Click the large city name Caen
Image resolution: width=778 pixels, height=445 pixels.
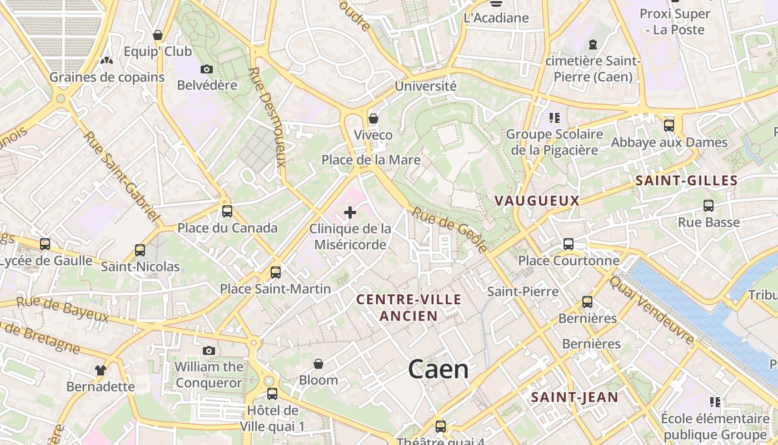(438, 369)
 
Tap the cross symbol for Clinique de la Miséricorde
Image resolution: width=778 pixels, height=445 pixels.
(350, 212)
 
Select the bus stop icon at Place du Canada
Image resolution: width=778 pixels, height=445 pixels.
(227, 211)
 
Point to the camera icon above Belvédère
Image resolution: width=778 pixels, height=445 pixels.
(207, 69)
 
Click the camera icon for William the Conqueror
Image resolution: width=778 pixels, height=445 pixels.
(209, 350)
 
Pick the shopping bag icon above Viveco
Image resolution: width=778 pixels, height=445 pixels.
(373, 118)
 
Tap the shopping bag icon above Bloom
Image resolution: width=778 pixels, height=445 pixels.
(318, 364)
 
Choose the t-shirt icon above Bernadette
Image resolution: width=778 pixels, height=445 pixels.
(101, 370)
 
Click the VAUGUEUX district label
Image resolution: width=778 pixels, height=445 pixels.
(537, 201)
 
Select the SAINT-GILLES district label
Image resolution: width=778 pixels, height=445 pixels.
(686, 180)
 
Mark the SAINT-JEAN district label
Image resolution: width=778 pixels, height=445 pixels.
(575, 397)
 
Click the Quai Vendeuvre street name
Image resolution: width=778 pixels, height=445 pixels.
(652, 310)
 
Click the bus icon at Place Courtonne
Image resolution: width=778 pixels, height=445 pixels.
(568, 244)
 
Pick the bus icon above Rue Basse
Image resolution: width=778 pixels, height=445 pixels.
(709, 206)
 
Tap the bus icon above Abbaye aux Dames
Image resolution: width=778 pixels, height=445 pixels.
(669, 126)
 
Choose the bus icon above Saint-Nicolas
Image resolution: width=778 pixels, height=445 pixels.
(140, 250)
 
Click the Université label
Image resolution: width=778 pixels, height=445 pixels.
(426, 86)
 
